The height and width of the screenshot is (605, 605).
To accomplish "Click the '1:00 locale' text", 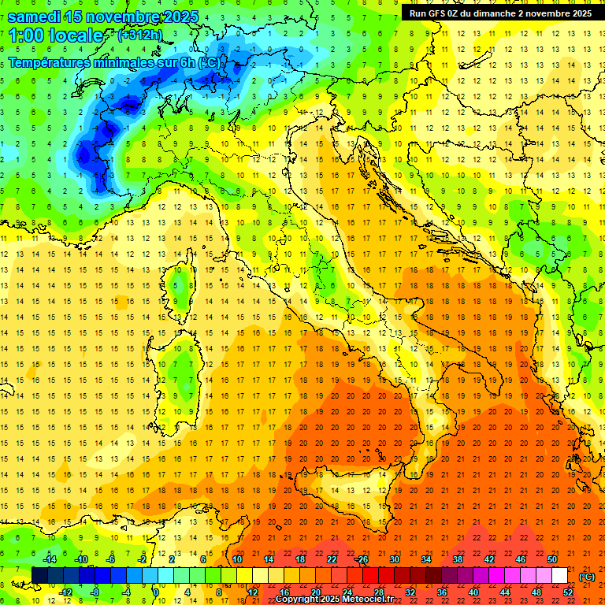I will pyautogui.click(x=56, y=35).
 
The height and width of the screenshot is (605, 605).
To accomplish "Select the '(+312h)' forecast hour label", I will pyautogui.click(x=141, y=35).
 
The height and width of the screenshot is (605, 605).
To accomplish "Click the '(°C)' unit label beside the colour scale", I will pyautogui.click(x=587, y=577).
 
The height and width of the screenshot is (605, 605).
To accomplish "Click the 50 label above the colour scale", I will pyautogui.click(x=551, y=559).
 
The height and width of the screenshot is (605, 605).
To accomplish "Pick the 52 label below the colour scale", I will pyautogui.click(x=568, y=592).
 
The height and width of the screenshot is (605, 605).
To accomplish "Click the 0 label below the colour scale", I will pyautogui.click(x=157, y=592).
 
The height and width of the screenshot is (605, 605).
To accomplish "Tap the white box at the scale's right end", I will pyautogui.click(x=559, y=575).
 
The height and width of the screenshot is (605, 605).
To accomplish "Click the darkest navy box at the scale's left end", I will pyautogui.click(x=39, y=575).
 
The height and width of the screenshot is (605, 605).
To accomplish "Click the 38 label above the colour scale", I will pyautogui.click(x=457, y=559).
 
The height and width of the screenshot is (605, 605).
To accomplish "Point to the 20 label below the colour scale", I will pyautogui.click(x=315, y=592).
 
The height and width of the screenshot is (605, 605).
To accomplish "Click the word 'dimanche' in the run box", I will pyautogui.click(x=491, y=13).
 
